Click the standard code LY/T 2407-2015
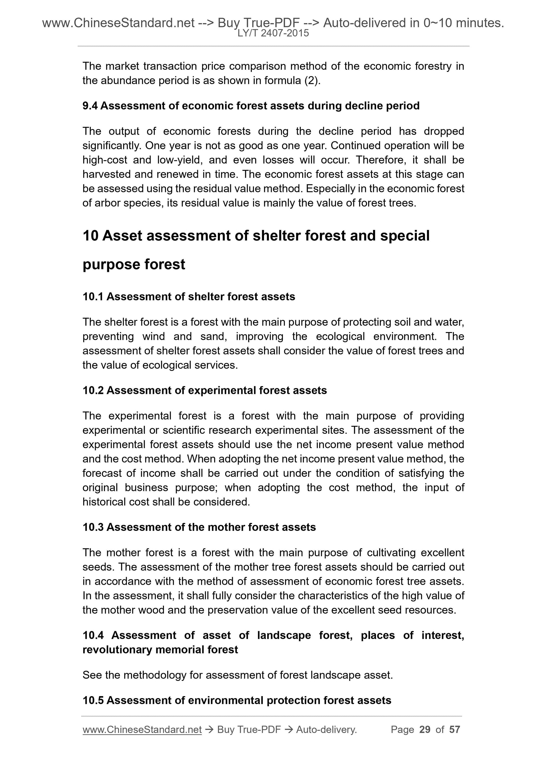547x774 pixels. click(x=273, y=33)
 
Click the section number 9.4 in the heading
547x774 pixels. click(x=90, y=106)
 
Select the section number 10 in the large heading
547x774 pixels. click(x=90, y=236)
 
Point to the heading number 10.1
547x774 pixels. click(x=93, y=297)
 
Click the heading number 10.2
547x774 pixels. click(x=93, y=390)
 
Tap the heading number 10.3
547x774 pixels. click(x=93, y=527)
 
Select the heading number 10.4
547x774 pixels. click(x=93, y=635)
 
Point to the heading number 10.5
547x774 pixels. click(x=93, y=701)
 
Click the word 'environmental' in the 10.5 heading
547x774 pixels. click(x=225, y=701)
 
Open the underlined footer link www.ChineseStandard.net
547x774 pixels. click(x=142, y=730)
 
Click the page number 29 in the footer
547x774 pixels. click(x=425, y=730)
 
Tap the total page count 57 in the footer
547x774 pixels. click(x=454, y=730)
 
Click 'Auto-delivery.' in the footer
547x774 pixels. click(x=326, y=730)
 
